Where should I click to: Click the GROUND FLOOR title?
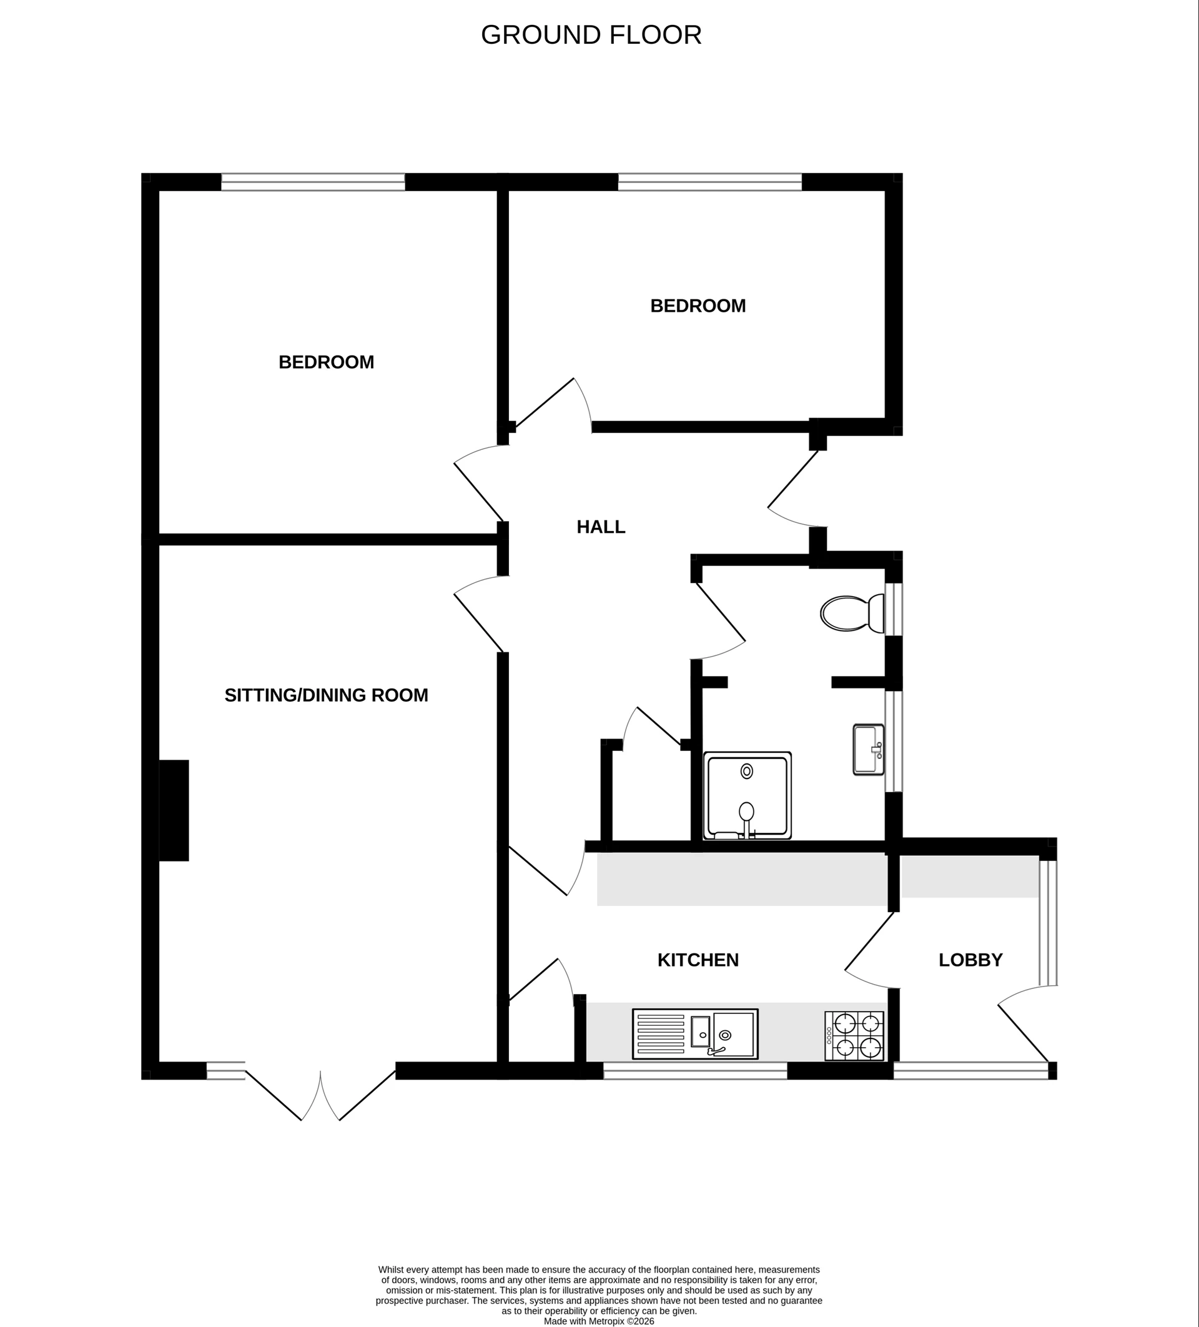tap(591, 35)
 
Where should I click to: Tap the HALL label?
tap(600, 527)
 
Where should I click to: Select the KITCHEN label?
tap(698, 960)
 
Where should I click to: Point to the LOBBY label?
tap(970, 960)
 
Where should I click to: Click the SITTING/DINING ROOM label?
tap(326, 695)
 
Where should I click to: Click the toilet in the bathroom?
tap(852, 614)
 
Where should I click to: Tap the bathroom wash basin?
tap(868, 749)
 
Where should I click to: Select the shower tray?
tap(747, 795)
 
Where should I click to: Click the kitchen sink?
tap(695, 1034)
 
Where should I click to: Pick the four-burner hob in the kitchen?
tap(854, 1036)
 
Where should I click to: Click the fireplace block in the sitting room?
tap(174, 810)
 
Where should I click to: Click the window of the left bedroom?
tap(313, 182)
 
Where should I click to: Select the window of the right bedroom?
tap(709, 182)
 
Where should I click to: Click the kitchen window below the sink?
tap(695, 1071)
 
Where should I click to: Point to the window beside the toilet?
tap(893, 609)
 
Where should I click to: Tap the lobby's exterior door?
tap(1024, 1031)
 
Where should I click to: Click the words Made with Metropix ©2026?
tap(599, 1321)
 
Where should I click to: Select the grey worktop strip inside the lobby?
tap(969, 877)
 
